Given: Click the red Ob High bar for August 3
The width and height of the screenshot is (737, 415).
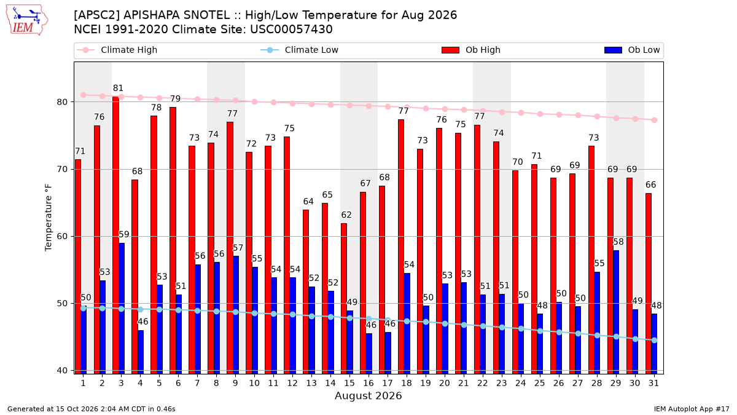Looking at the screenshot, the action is pyautogui.click(x=116, y=235).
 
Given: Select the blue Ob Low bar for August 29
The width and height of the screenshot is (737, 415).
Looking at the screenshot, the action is pyautogui.click(x=616, y=312).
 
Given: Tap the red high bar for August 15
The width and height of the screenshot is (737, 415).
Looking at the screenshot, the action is pyautogui.click(x=344, y=299).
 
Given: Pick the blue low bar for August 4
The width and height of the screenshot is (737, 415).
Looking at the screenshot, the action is pyautogui.click(x=141, y=352).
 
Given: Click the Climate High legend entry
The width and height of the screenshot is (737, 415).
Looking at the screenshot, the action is pyautogui.click(x=117, y=50).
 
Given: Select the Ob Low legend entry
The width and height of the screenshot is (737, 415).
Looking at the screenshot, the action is pyautogui.click(x=632, y=50).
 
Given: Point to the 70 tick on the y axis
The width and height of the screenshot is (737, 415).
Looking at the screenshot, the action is pyautogui.click(x=62, y=169).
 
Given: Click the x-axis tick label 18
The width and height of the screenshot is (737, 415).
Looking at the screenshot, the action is pyautogui.click(x=407, y=383).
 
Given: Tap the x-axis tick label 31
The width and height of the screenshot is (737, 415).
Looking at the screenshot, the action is pyautogui.click(x=653, y=383).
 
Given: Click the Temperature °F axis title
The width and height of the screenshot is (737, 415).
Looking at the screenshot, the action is pyautogui.click(x=49, y=218).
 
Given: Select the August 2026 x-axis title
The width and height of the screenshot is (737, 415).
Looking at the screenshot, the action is pyautogui.click(x=368, y=395).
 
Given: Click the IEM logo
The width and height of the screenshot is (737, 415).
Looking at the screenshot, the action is pyautogui.click(x=26, y=20).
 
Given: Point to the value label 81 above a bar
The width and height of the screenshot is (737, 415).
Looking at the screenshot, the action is pyautogui.click(x=118, y=89).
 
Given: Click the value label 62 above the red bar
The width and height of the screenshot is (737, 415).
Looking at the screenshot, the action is pyautogui.click(x=346, y=215).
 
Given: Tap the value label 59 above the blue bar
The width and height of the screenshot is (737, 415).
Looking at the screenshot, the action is pyautogui.click(x=123, y=234).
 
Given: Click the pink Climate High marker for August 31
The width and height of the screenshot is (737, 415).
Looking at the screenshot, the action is pyautogui.click(x=655, y=121).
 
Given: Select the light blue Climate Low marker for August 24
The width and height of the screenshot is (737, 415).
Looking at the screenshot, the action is pyautogui.click(x=521, y=329).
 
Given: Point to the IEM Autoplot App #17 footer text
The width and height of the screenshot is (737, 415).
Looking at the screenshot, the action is pyautogui.click(x=692, y=409).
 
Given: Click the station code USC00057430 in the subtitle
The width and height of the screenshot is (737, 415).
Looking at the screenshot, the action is pyautogui.click(x=291, y=30).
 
